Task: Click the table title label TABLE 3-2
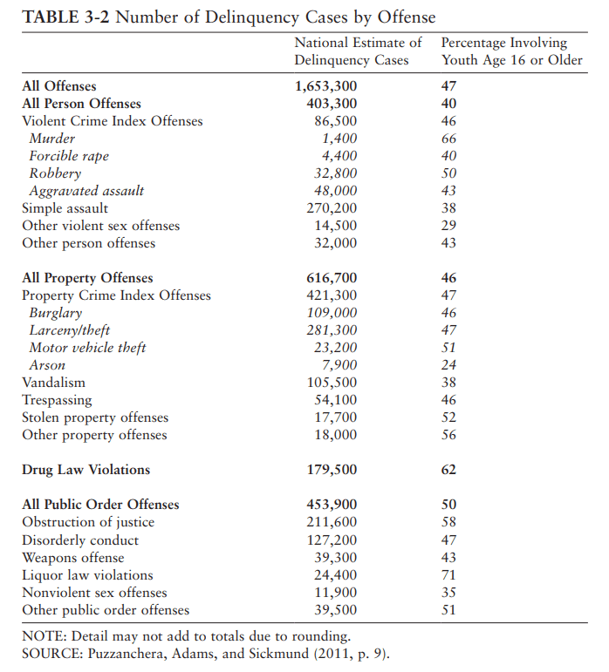[65, 17]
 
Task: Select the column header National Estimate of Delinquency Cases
[358, 51]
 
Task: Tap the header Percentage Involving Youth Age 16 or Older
[511, 51]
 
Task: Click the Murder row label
[52, 139]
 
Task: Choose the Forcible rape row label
[69, 156]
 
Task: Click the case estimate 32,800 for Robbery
[335, 173]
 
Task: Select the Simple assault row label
[65, 208]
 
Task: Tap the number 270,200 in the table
[332, 208]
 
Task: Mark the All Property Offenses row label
[87, 278]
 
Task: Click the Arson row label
[47, 365]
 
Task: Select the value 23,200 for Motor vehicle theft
[335, 348]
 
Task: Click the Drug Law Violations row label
[86, 470]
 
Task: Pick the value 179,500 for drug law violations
[332, 470]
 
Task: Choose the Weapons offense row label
[73, 557]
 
